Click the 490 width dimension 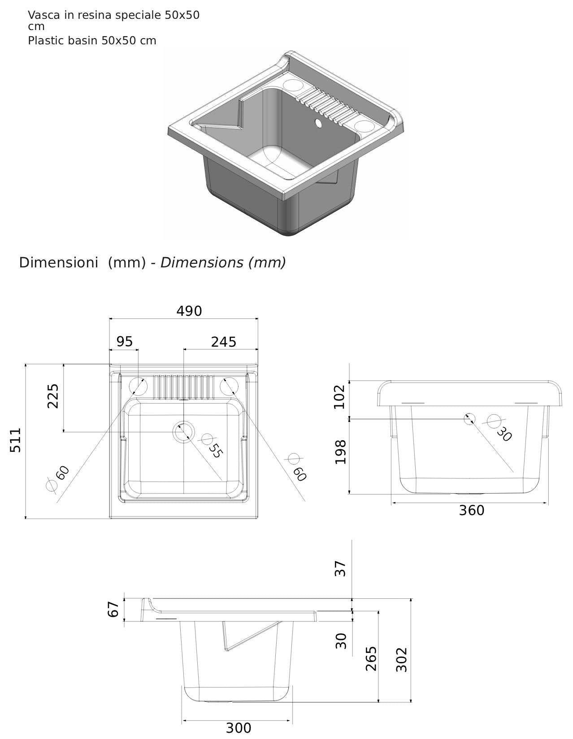coord(189,311)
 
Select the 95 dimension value coord(124,342)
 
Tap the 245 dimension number coord(223,342)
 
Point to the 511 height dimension coord(16,440)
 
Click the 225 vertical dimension coord(53,395)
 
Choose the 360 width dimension coord(471,510)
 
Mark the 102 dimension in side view coord(340,396)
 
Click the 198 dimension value coord(341,452)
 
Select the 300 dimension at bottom coord(238,728)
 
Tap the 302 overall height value coord(402,659)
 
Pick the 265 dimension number coord(371,658)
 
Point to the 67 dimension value coord(113,609)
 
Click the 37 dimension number coord(341,568)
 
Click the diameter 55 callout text coord(215,451)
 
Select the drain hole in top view coord(183,432)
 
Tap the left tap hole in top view coord(138,387)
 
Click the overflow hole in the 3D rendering coord(318,122)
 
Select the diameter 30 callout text coord(504,434)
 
